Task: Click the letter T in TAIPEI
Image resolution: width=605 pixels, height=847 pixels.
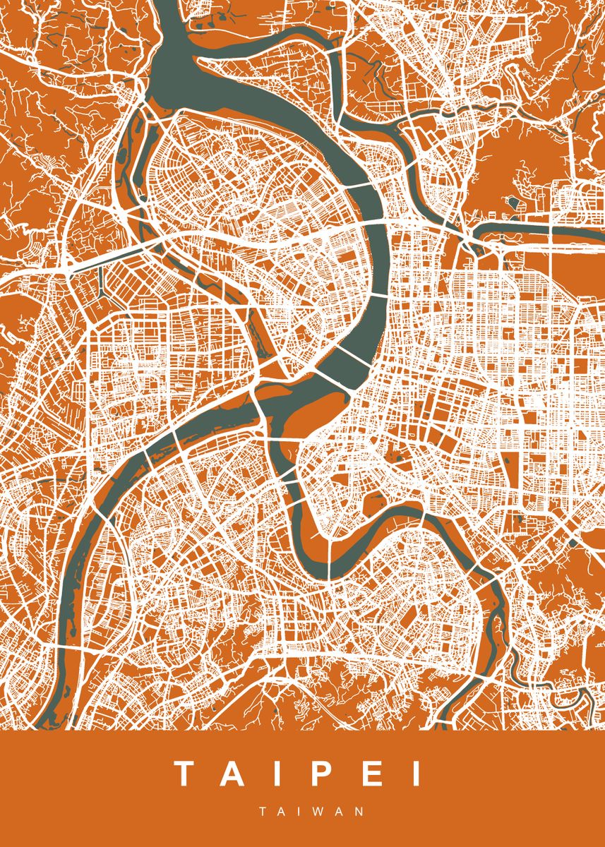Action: click(x=186, y=774)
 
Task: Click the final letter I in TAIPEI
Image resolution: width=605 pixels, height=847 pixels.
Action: click(x=417, y=774)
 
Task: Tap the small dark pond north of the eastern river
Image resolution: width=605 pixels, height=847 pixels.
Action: click(x=513, y=203)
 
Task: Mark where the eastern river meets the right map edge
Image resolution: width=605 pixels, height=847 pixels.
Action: click(x=600, y=232)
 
